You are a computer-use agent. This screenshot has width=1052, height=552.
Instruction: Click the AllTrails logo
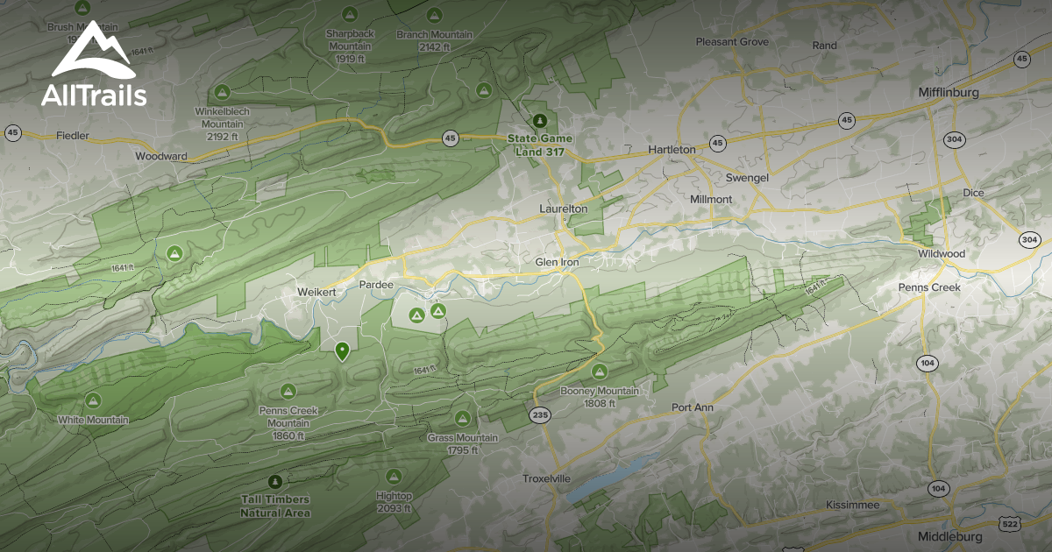point(94,66)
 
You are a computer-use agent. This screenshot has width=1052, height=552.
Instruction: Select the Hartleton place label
point(672,150)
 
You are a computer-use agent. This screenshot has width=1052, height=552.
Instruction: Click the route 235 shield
point(541,414)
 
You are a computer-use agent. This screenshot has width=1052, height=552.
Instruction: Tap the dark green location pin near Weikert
point(342,351)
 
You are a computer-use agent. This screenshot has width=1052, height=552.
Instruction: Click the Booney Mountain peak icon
point(600,372)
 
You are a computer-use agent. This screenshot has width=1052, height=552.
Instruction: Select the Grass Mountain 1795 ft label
point(462,443)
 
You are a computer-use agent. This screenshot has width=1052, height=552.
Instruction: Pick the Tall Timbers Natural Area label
point(275,506)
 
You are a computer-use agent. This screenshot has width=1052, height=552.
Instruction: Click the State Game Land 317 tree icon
point(539,120)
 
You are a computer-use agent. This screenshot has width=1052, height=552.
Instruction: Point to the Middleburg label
point(950,536)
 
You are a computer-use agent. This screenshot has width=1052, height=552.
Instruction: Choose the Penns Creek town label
point(929,287)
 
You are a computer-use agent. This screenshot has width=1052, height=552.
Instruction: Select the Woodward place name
point(161,157)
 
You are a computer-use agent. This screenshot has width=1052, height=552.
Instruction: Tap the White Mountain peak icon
point(93,400)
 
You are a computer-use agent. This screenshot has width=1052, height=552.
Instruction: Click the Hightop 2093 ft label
point(394,502)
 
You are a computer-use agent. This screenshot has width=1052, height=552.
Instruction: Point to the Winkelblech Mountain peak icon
point(222,92)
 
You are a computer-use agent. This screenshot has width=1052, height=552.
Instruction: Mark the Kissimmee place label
point(852,506)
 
